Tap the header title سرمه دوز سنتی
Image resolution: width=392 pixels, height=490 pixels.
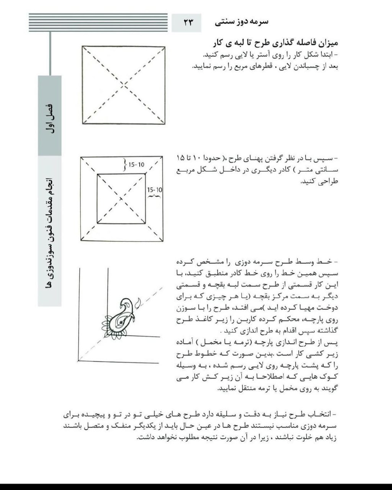click(x=242, y=22)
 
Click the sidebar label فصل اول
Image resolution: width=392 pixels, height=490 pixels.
click(x=50, y=119)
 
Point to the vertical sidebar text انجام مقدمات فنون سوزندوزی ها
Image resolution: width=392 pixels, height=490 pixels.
click(x=49, y=230)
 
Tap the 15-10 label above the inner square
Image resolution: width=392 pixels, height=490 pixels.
click(x=136, y=165)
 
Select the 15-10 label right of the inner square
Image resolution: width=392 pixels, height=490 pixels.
click(x=154, y=190)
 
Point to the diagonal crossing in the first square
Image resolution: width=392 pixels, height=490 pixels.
click(x=124, y=85)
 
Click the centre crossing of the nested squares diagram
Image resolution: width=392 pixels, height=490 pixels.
click(x=121, y=199)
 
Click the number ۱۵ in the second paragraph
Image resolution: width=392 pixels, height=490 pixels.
click(x=181, y=158)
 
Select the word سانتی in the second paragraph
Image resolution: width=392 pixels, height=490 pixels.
click(x=325, y=170)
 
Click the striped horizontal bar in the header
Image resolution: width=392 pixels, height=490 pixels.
click(x=98, y=23)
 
